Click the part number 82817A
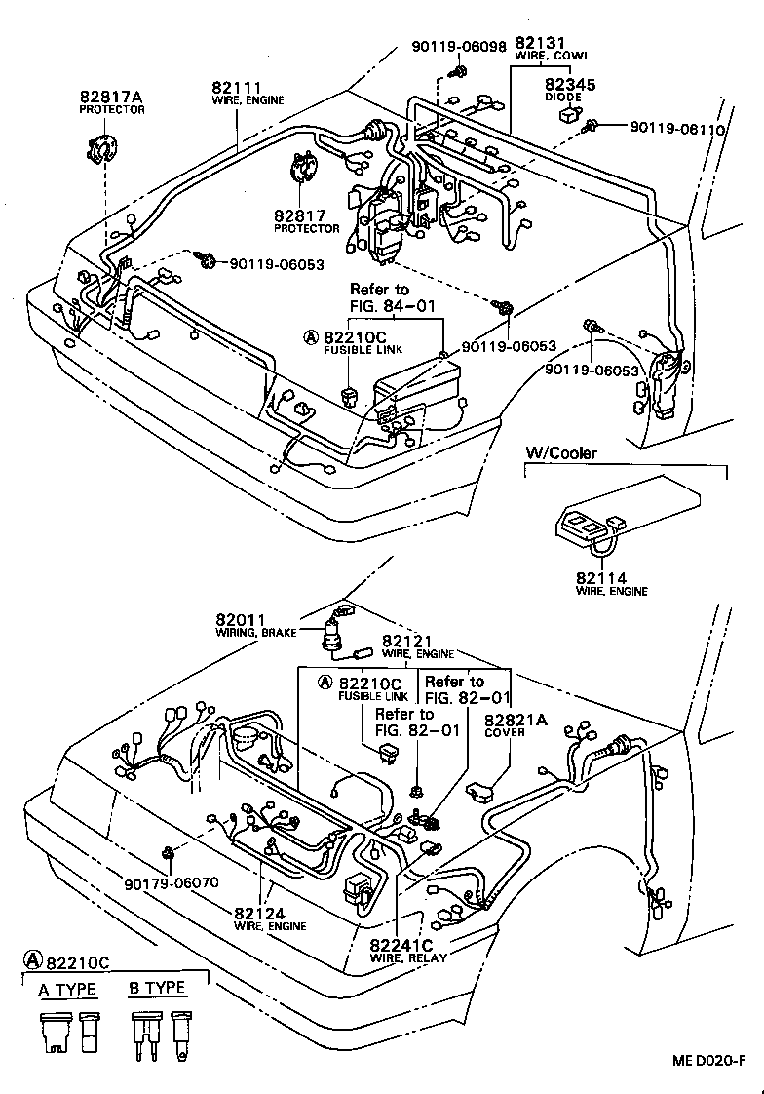(x=111, y=98)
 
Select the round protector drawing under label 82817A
(x=98, y=153)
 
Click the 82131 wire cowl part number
(x=541, y=44)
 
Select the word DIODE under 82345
(x=563, y=98)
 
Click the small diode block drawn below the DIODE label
(x=567, y=116)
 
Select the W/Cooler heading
(x=561, y=453)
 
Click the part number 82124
(x=258, y=913)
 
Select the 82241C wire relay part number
(x=401, y=945)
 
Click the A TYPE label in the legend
(x=67, y=989)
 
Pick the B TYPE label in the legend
(x=157, y=988)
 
